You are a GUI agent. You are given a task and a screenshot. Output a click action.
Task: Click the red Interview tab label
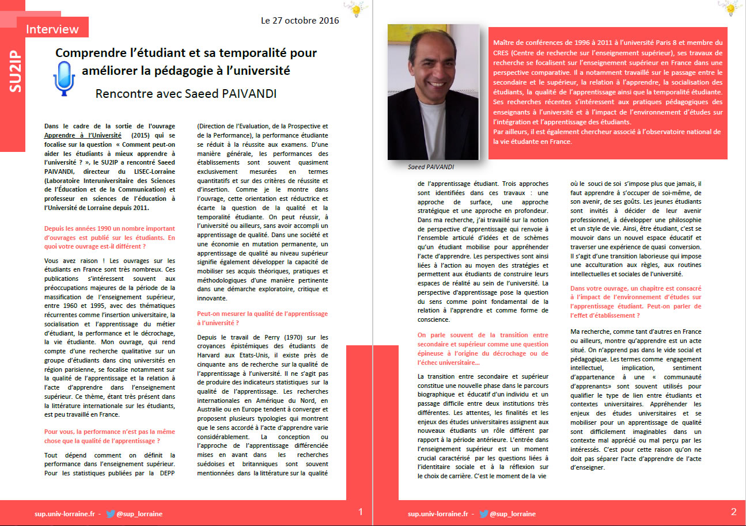52,29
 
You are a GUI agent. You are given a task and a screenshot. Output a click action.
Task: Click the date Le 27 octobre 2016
300,21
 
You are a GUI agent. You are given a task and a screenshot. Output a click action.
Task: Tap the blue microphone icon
64,77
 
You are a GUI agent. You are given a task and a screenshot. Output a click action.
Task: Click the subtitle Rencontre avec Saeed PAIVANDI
185,93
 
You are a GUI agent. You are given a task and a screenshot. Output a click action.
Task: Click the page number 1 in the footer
361,512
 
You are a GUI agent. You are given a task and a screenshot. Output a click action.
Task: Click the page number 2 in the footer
733,512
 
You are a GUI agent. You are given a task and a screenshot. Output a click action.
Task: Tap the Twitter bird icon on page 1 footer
110,514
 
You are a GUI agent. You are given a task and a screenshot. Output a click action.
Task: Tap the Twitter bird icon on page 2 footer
483,514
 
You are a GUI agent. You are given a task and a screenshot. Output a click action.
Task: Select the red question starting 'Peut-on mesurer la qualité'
262,318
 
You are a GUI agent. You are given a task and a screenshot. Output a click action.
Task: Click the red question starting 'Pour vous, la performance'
109,436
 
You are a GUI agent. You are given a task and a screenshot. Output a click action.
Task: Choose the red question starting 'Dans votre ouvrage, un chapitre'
635,301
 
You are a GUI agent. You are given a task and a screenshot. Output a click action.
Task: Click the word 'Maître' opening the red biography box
505,43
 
